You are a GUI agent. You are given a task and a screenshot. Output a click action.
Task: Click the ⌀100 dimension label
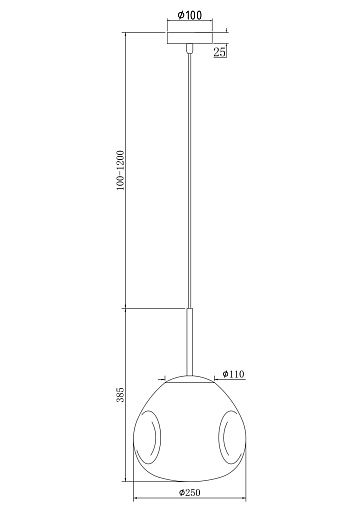click(x=189, y=15)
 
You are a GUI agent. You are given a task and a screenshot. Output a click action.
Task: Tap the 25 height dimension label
click(x=219, y=52)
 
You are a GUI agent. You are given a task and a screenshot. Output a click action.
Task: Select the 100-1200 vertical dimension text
click(x=120, y=170)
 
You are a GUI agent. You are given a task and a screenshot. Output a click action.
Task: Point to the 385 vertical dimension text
click(x=120, y=394)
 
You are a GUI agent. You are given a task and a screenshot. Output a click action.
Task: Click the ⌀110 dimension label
click(x=233, y=374)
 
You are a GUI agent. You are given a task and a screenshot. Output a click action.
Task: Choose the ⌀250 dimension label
click(x=189, y=492)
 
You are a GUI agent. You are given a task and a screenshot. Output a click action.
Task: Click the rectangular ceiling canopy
click(x=190, y=38)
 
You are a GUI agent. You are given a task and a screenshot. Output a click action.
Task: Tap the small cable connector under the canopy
click(x=190, y=48)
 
